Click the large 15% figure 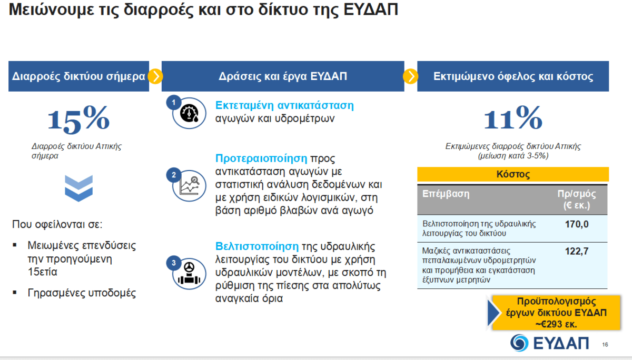pos(78,119)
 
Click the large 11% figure pos(513,118)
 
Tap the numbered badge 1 pos(173,103)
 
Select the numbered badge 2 pos(173,175)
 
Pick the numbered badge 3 pos(173,263)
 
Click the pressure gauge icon pos(189,113)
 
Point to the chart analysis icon pos(190,186)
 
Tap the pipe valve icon pos(189,274)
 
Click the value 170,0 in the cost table pos(576,224)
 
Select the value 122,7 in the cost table pos(576,251)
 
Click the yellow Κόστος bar pos(513,174)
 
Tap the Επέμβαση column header pos(446,194)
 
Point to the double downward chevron pos(78,188)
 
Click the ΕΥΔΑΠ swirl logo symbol pos(519,343)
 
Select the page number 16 pos(605,345)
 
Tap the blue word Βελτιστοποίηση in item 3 pos(257,246)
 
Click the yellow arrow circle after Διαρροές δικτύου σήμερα pos(155,76)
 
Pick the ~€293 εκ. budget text pos(556,324)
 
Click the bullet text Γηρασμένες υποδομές pos(82,293)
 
